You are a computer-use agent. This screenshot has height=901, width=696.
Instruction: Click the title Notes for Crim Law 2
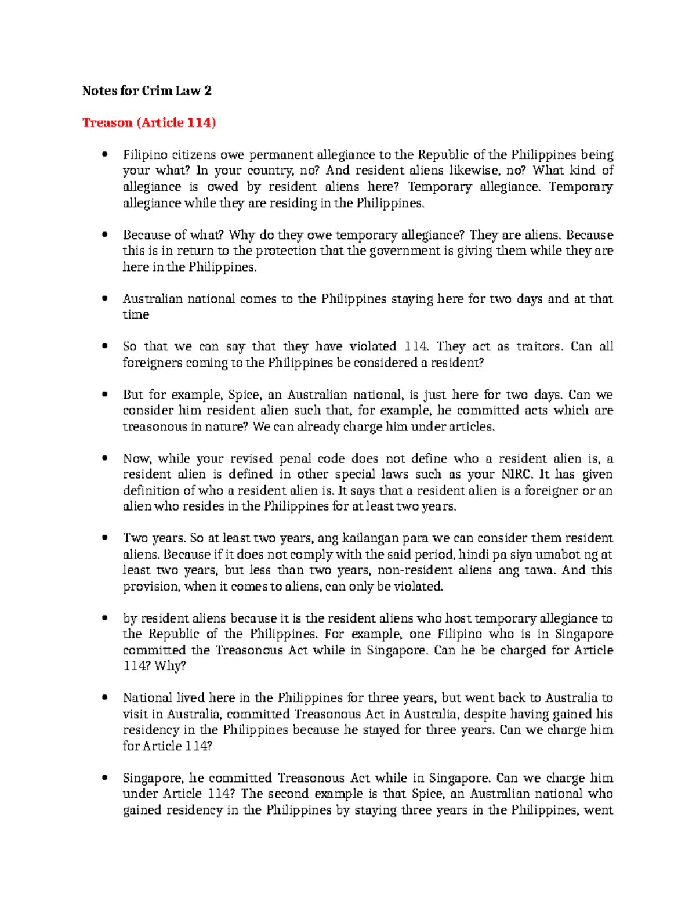(x=147, y=91)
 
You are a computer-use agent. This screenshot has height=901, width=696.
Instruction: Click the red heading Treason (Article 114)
(x=149, y=123)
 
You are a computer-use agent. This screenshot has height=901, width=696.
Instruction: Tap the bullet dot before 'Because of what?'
(x=105, y=235)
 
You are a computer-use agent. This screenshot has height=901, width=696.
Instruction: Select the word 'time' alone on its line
(x=136, y=315)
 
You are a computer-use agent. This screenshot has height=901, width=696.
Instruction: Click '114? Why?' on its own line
(x=154, y=666)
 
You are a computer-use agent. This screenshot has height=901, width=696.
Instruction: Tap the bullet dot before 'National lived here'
(x=105, y=698)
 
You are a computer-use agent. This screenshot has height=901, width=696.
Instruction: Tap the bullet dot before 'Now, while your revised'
(x=105, y=459)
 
